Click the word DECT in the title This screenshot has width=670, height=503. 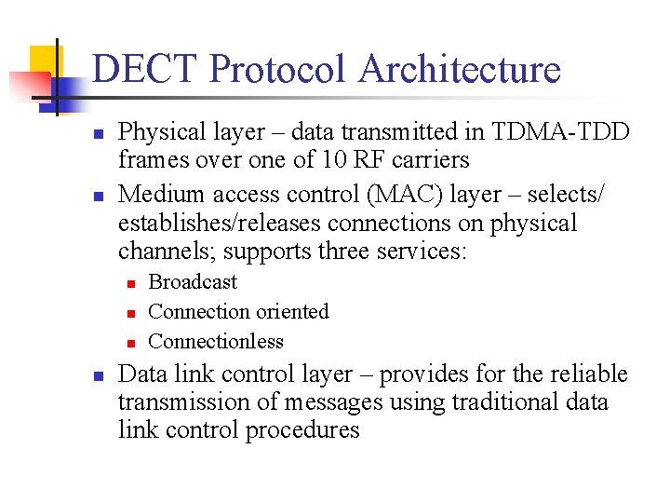coord(144,70)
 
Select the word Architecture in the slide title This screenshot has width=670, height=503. coord(460,70)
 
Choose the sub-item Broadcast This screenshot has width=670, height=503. coord(193,281)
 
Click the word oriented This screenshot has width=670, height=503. coord(289,311)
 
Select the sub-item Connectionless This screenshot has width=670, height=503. coord(216,341)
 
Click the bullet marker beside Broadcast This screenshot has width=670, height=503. coord(132,282)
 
